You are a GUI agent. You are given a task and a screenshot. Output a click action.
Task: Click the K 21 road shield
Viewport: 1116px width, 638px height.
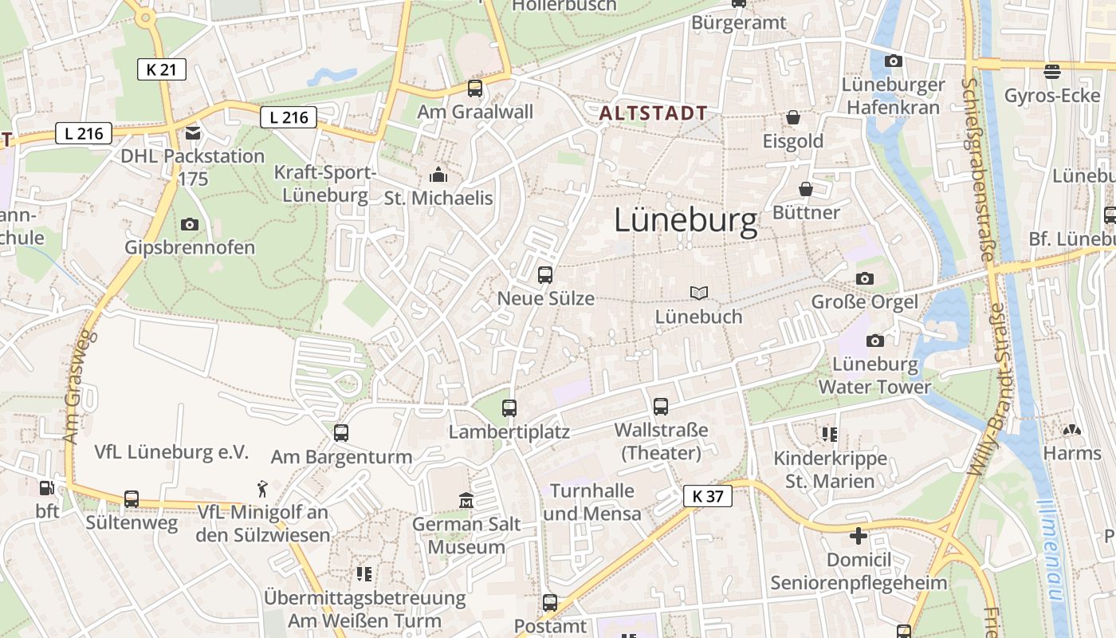161,69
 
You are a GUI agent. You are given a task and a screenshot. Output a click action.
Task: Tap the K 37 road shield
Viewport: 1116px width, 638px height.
707,496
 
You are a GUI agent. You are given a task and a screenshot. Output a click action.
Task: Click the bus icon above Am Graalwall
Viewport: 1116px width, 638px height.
475,88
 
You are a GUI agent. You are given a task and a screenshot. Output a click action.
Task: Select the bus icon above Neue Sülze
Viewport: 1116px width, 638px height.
545,275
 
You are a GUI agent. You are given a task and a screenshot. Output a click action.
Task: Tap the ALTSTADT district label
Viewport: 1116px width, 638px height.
653,113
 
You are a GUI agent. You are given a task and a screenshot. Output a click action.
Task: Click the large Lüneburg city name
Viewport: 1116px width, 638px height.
686,221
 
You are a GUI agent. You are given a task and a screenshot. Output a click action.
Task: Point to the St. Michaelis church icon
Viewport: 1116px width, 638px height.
438,175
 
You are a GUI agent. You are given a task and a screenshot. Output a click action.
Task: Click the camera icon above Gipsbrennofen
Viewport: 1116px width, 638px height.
190,224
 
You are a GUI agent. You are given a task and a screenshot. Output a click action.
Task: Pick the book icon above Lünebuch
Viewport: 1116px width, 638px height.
699,293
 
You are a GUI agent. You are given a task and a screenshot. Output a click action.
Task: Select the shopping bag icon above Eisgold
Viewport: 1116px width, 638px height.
793,118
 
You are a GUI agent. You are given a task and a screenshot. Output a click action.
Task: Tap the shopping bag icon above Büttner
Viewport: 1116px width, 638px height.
806,189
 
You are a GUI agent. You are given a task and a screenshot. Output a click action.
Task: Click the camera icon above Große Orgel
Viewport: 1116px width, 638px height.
864,278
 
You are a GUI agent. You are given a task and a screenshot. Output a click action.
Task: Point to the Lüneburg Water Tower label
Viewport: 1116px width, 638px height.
875,376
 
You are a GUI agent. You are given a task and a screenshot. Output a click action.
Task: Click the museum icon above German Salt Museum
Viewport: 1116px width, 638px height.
466,501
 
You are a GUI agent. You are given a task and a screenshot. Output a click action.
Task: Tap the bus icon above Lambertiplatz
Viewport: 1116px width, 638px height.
509,408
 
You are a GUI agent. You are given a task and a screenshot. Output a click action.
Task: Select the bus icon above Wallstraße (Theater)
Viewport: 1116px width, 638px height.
661,407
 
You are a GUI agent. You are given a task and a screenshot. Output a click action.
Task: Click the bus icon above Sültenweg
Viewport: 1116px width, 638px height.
132,499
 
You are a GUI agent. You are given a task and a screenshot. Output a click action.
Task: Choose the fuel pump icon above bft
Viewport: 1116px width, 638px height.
46,487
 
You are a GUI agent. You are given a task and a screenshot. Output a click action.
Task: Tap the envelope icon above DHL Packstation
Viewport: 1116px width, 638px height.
193,132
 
